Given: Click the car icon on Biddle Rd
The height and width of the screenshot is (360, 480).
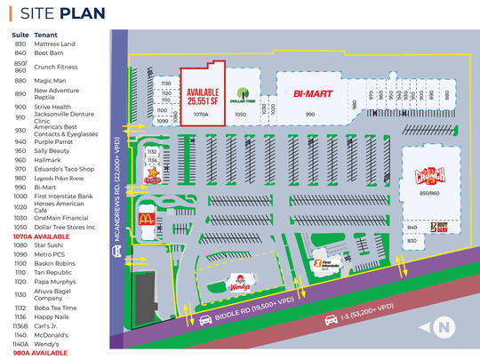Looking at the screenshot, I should (x=205, y=320).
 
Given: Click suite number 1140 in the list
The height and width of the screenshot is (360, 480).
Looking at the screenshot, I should (x=20, y=333).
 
